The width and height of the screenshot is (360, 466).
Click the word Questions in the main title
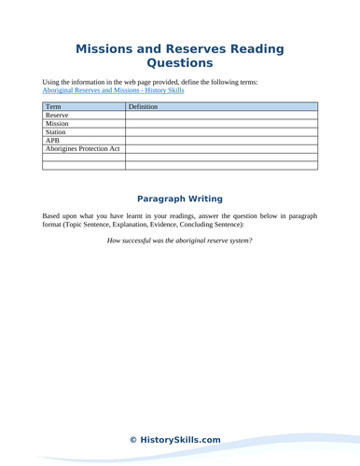(180, 64)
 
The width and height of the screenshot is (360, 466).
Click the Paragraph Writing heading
(180, 199)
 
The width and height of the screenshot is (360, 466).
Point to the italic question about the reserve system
(180, 243)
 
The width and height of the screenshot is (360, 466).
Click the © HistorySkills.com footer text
(180, 439)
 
